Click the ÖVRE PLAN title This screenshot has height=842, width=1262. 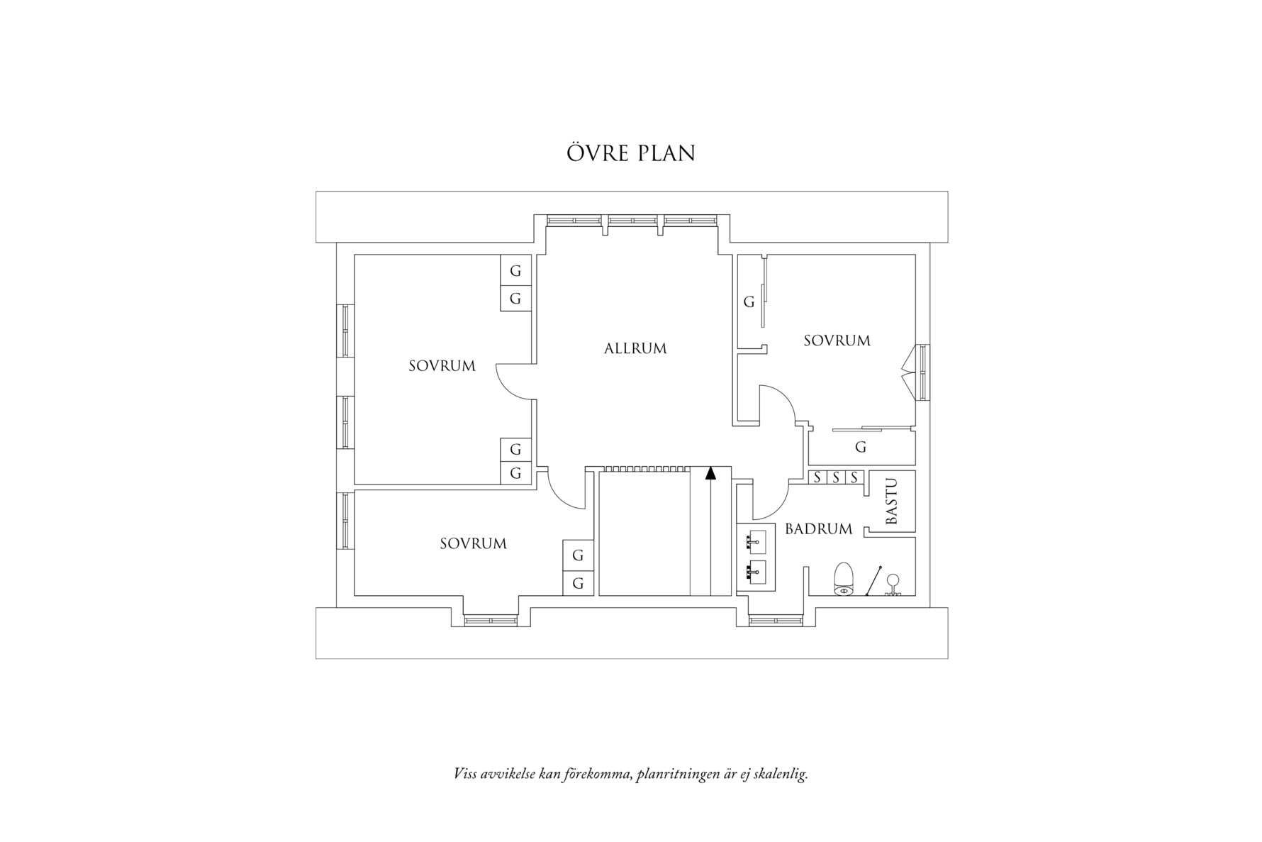click(630, 153)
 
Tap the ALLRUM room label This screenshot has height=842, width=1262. click(635, 349)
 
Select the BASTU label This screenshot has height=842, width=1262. click(892, 502)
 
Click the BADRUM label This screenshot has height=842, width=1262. click(818, 529)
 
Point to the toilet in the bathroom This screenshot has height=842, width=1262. click(843, 578)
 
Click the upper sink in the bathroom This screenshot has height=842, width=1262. click(756, 541)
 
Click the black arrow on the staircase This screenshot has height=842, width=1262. click(710, 473)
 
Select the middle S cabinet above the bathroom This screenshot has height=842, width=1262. click(836, 477)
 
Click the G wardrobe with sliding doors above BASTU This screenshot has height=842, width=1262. click(861, 447)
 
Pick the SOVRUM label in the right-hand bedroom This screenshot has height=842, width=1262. click(837, 340)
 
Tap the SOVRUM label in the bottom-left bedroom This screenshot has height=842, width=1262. click(473, 544)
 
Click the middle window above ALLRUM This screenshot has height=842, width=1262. click(632, 221)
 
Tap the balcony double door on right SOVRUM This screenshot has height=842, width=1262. click(908, 374)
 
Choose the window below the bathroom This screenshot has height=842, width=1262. click(776, 621)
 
